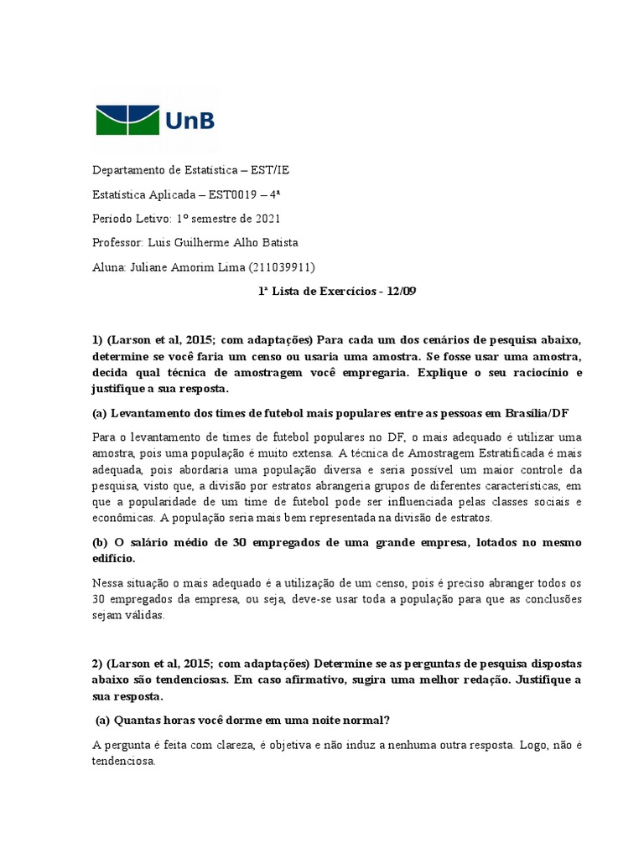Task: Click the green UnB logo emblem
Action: pyautogui.click(x=125, y=120)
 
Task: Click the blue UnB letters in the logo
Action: pyautogui.click(x=190, y=121)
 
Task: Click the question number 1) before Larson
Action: pyautogui.click(x=96, y=339)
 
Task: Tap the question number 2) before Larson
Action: pyautogui.click(x=96, y=663)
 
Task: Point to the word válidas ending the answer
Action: pyautogui.click(x=148, y=614)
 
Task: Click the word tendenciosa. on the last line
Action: pyautogui.click(x=124, y=761)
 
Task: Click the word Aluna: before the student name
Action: pyautogui.click(x=108, y=267)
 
